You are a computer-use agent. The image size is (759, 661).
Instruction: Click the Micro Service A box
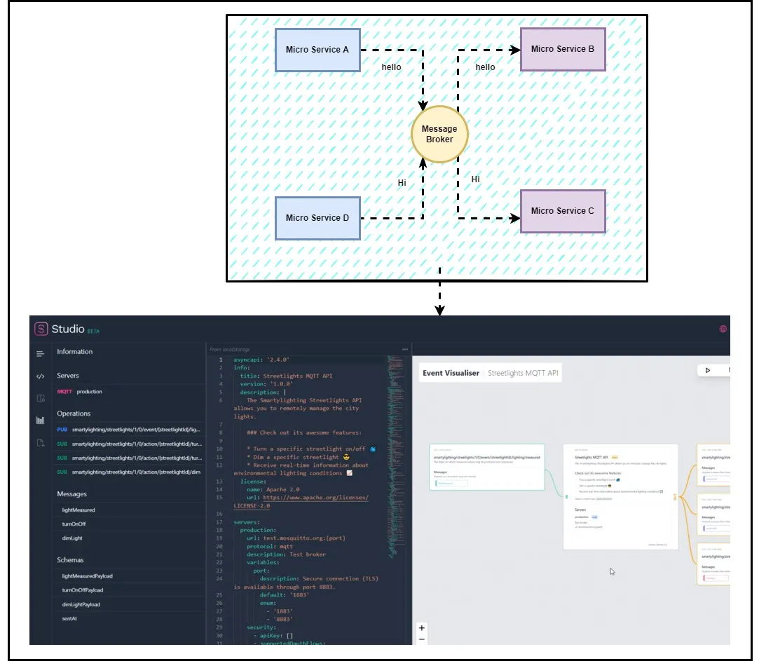(x=317, y=50)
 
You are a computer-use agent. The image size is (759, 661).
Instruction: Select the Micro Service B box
(x=563, y=49)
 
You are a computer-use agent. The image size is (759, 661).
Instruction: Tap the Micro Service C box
(x=563, y=211)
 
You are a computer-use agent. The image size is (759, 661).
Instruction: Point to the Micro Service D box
(x=317, y=218)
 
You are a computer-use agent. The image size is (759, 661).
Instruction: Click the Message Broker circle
(x=439, y=134)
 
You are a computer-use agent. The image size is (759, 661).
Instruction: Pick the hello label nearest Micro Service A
(x=391, y=67)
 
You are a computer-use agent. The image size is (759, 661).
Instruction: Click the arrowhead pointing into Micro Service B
(x=516, y=50)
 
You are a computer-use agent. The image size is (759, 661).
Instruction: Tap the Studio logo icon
(x=41, y=329)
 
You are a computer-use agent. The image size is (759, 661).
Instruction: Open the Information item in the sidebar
(x=75, y=352)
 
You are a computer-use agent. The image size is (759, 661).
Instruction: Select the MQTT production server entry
(x=80, y=392)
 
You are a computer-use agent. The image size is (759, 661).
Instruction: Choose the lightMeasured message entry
(x=78, y=510)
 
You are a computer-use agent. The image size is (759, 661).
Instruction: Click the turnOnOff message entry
(x=74, y=524)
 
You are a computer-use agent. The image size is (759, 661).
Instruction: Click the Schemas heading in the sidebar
(x=70, y=560)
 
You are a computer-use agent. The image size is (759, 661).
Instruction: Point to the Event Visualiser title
(x=451, y=374)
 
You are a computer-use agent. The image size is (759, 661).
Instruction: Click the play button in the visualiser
(x=708, y=370)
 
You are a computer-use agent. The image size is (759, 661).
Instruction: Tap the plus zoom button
(x=421, y=628)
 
